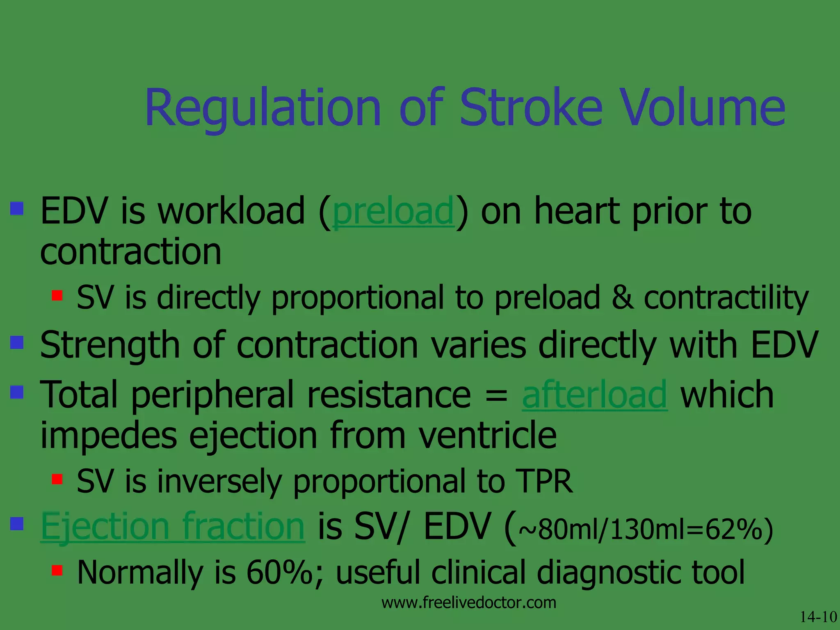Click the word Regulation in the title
[x=262, y=107]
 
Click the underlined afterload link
[x=594, y=395]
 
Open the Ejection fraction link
[x=173, y=527]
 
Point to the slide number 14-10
[x=818, y=616]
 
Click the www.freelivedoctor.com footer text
[x=468, y=603]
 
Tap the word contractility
[x=726, y=298]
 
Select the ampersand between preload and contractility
[x=621, y=298]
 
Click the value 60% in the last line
[x=280, y=572]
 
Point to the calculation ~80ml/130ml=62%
[x=646, y=530]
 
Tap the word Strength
[x=110, y=345]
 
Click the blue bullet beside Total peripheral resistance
[x=17, y=392]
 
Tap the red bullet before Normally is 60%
[x=57, y=570]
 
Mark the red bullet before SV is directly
[x=57, y=295]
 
